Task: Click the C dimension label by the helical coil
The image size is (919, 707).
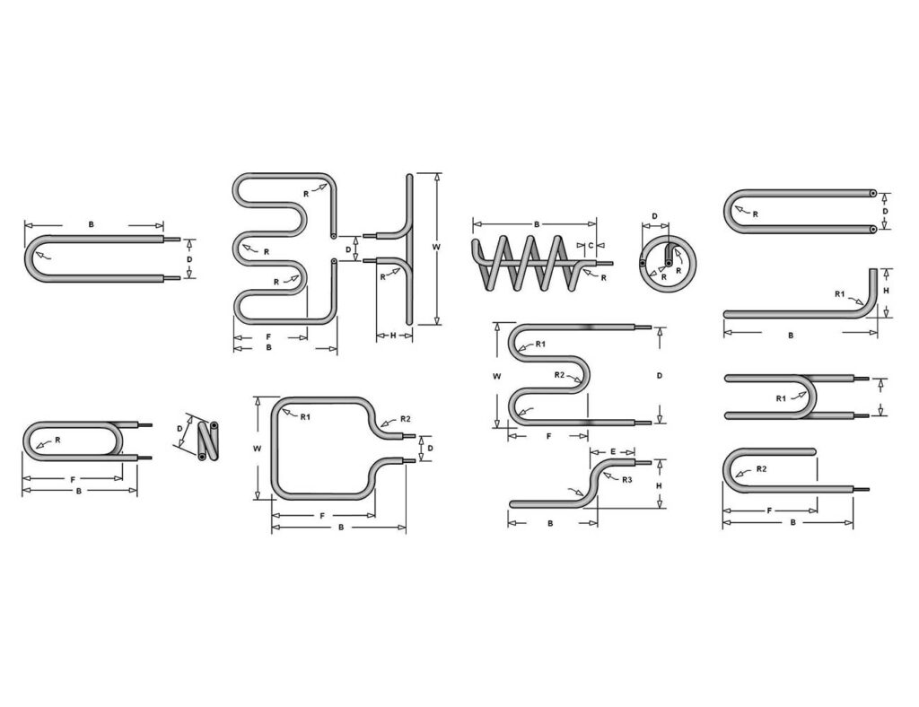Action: point(591,245)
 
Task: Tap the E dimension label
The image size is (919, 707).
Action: point(612,451)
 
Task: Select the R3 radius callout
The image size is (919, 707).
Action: point(627,479)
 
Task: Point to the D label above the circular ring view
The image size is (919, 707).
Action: point(654,216)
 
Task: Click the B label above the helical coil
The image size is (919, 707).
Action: point(537,223)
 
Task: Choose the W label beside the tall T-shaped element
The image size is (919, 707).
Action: point(436,248)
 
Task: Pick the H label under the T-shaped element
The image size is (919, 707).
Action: point(393,336)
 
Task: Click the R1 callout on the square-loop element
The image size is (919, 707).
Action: point(305,417)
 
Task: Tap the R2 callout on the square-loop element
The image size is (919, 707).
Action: point(406,419)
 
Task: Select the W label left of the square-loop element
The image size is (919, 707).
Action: point(257,449)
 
